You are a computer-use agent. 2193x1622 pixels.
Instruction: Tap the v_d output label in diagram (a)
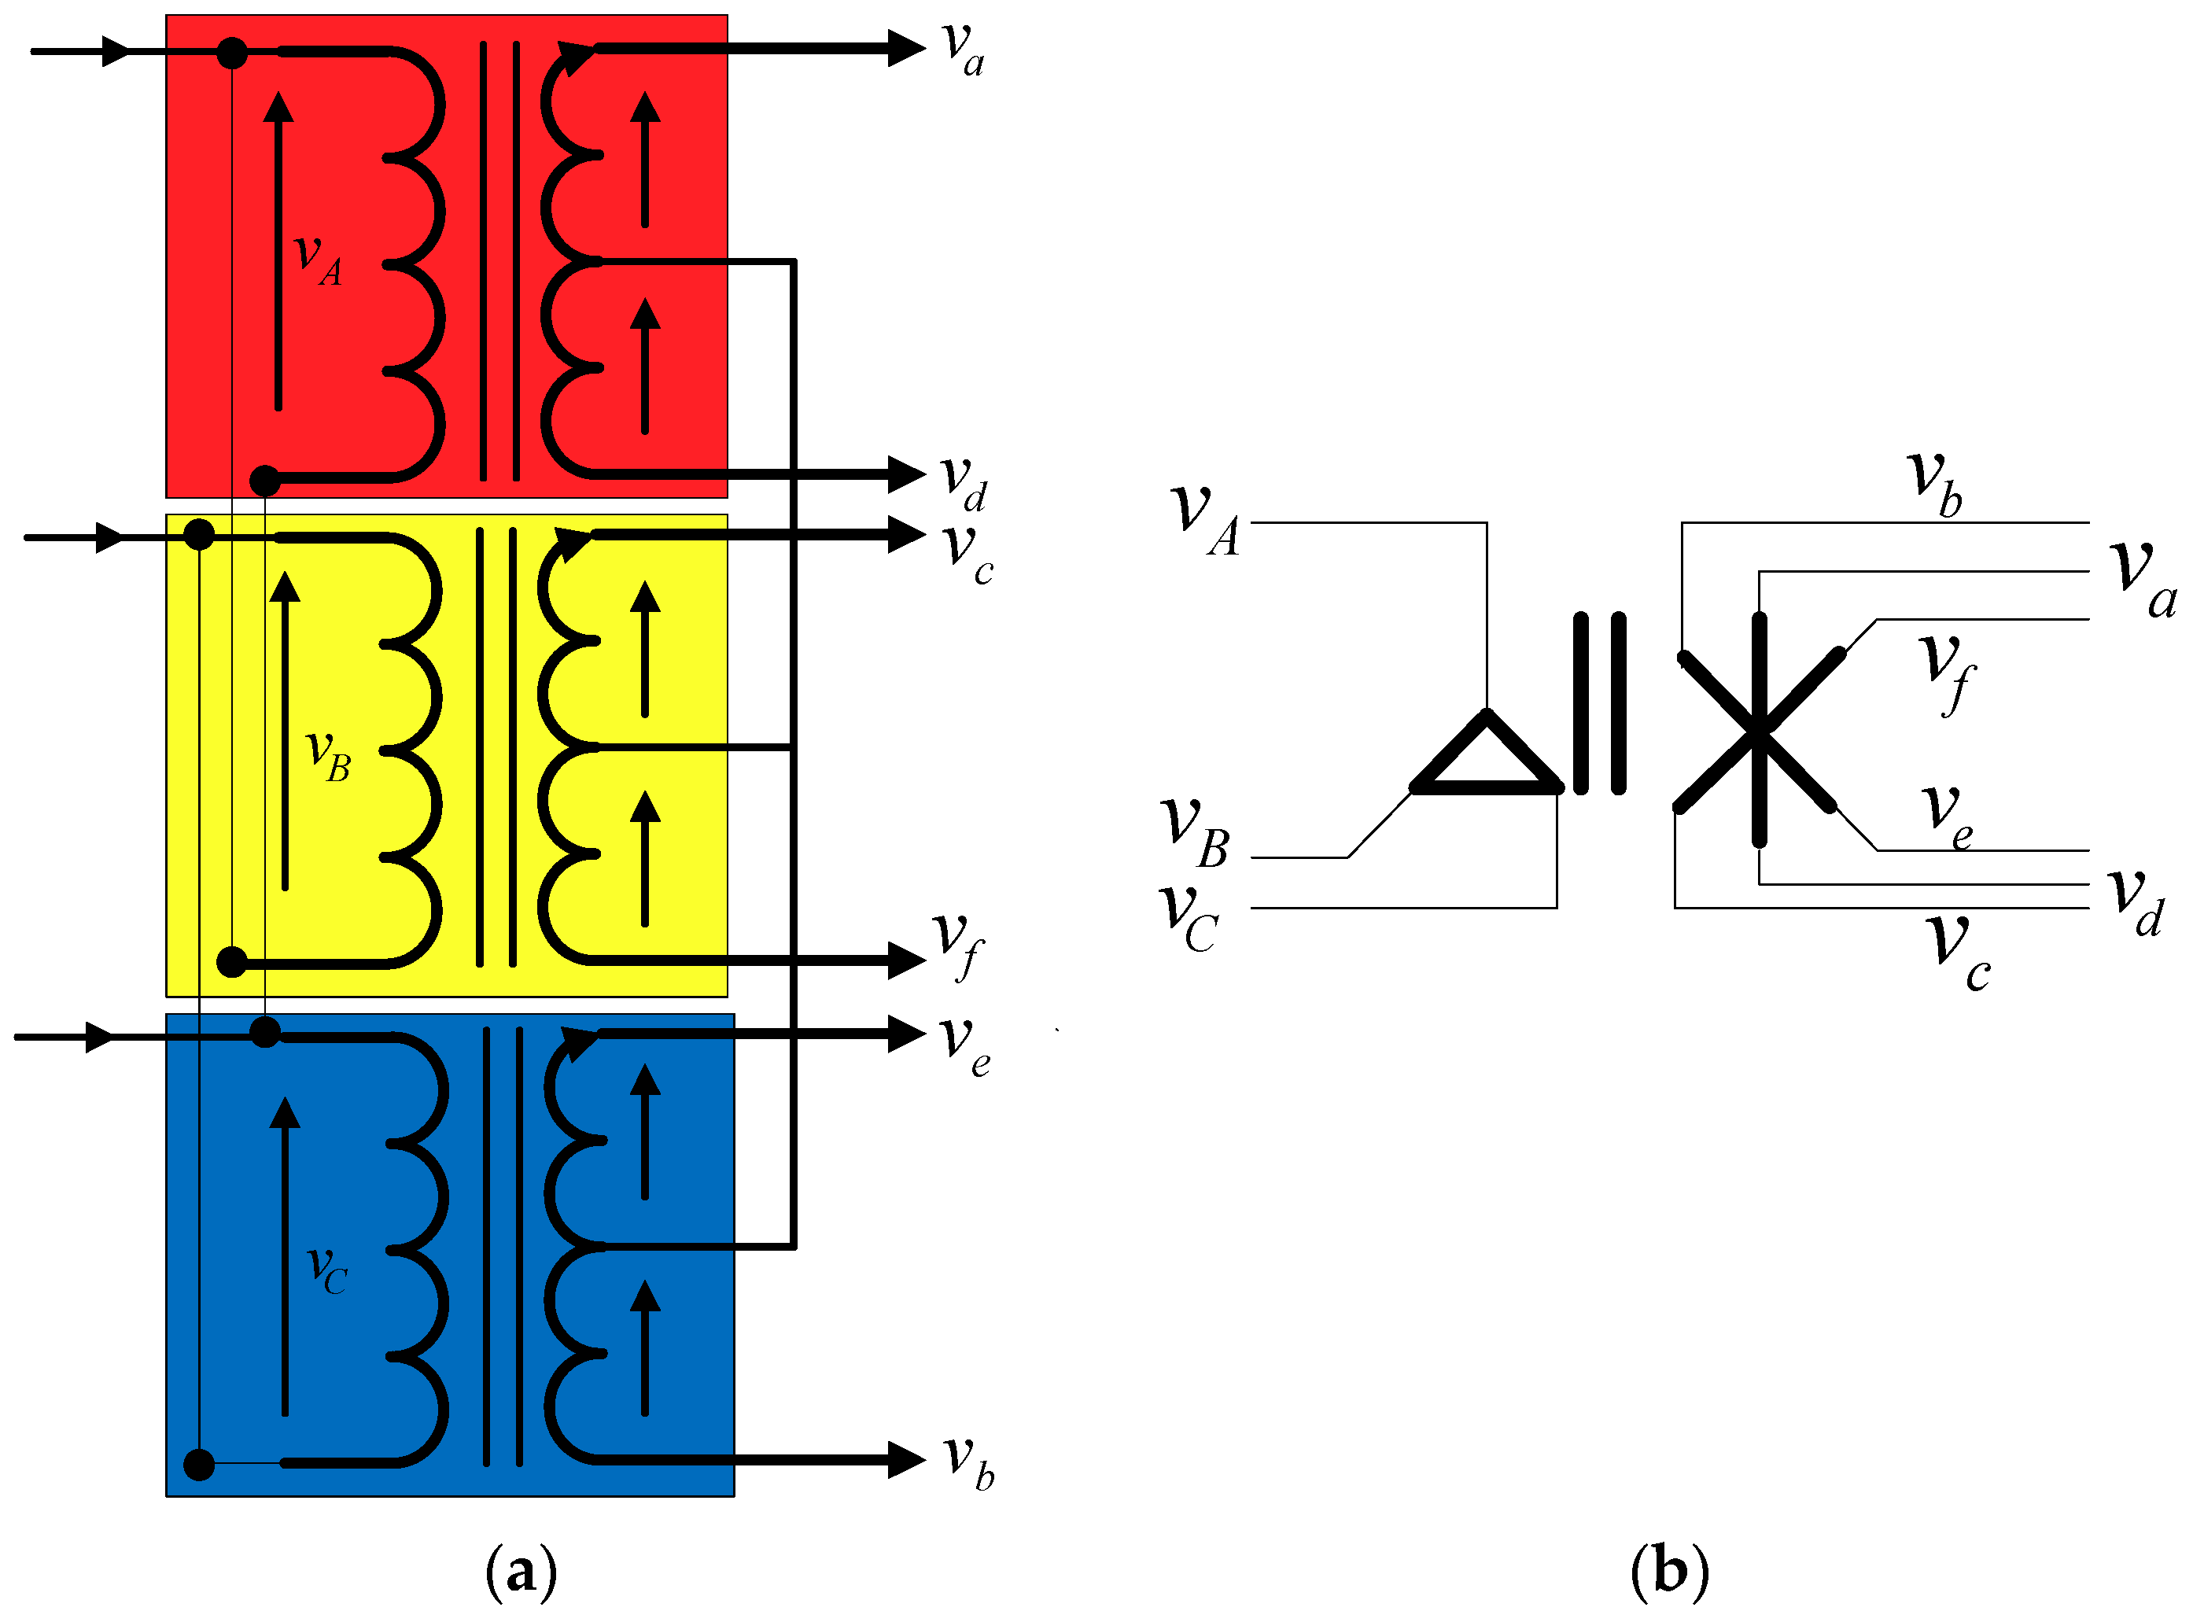coord(963,483)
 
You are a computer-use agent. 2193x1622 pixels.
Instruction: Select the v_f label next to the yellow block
coord(957,945)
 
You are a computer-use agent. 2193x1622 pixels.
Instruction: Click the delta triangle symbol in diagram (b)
coord(1486,759)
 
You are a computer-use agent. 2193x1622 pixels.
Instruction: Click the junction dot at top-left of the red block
coord(232,52)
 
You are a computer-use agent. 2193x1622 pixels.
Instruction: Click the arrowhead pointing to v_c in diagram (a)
coord(905,535)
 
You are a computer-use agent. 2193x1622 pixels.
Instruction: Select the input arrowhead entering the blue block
coord(100,1038)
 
